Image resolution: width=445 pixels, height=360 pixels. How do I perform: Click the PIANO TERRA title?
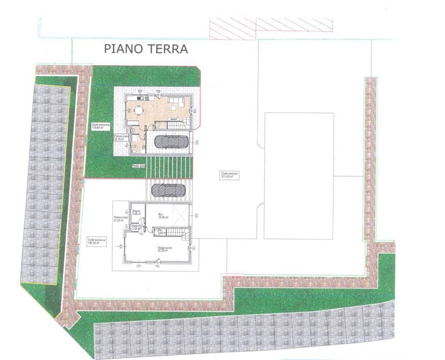[146, 49]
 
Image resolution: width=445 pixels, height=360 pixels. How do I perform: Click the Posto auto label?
[139, 166]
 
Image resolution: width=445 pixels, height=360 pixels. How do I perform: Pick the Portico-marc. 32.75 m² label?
[121, 137]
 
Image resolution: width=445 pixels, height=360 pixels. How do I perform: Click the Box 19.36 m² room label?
[163, 216]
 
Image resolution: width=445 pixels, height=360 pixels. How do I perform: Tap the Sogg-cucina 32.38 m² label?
[163, 249]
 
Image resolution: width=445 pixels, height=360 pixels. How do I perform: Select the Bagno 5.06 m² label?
[136, 212]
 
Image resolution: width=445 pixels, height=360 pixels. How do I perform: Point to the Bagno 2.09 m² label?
[136, 227]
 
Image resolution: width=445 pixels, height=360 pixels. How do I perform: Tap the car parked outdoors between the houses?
[168, 189]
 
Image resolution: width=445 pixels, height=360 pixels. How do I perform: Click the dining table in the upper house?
[138, 111]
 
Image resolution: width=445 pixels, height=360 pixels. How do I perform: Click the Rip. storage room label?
[159, 231]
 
